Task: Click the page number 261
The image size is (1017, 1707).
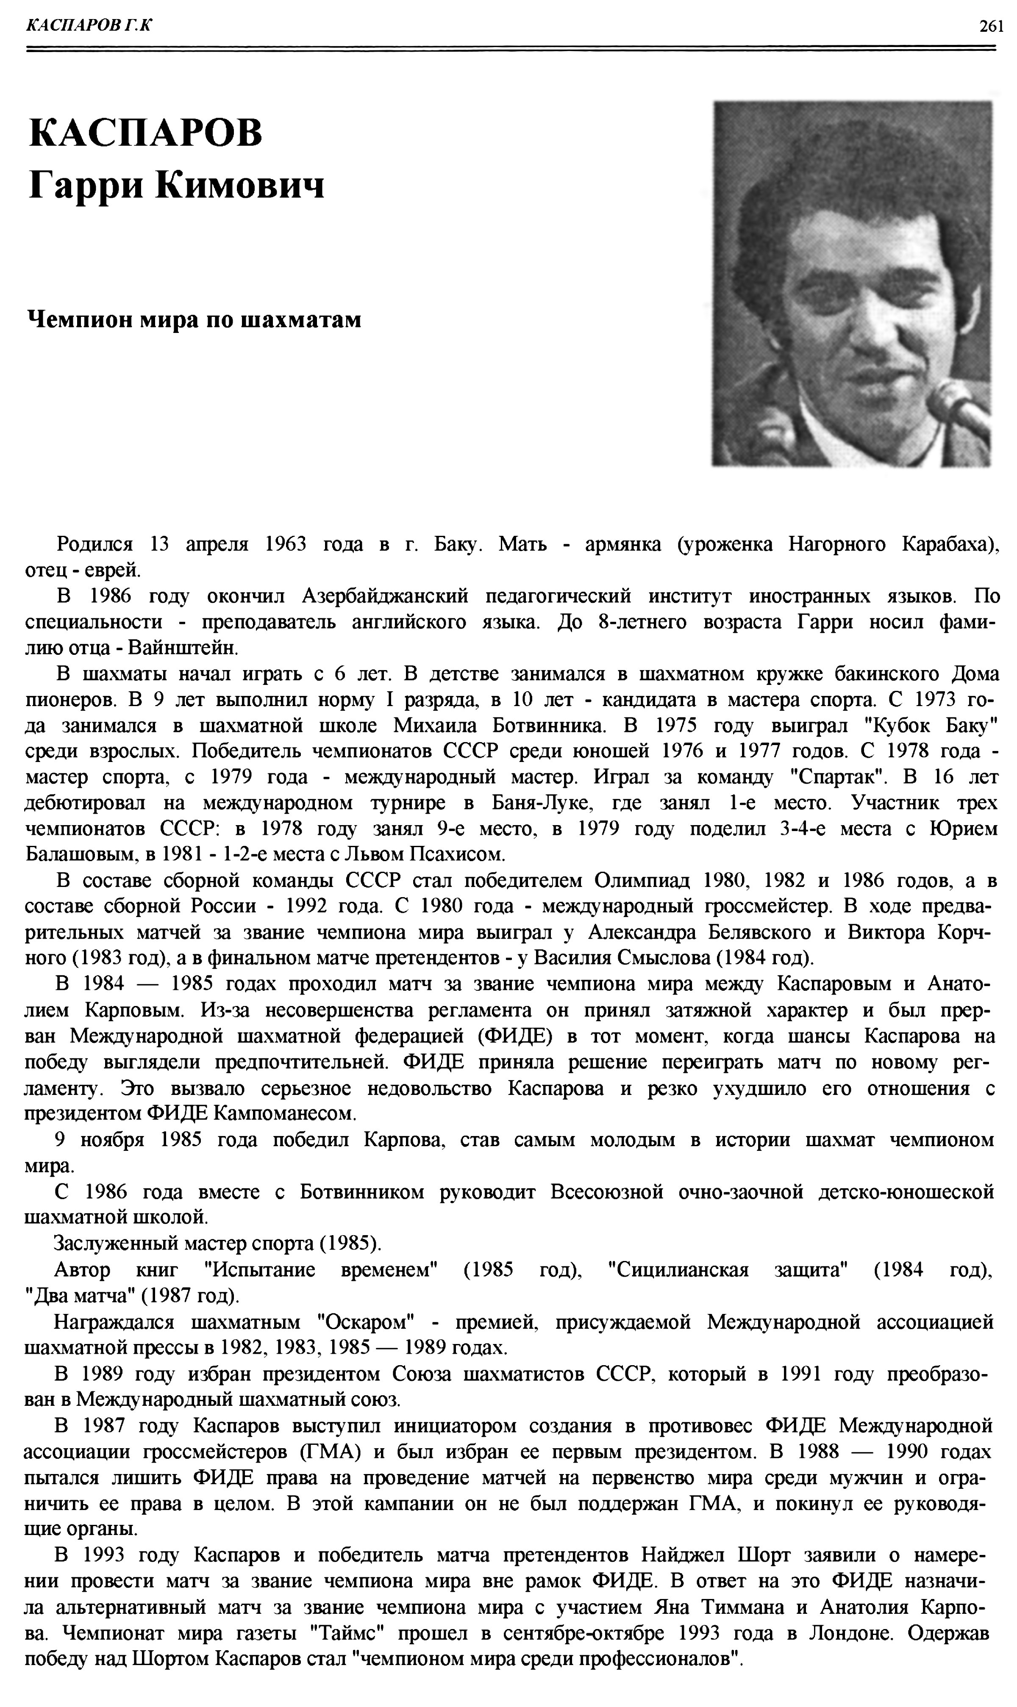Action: (x=991, y=26)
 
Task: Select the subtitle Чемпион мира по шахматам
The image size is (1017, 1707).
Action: (x=194, y=319)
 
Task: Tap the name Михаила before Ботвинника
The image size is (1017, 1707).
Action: (x=432, y=726)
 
